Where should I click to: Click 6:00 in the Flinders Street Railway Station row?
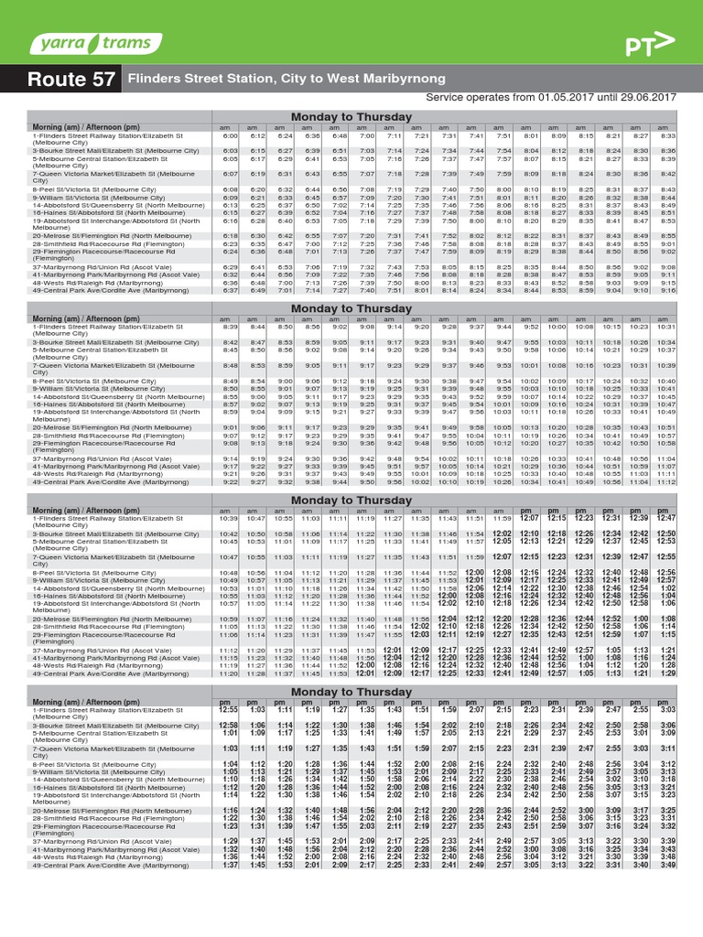coord(231,135)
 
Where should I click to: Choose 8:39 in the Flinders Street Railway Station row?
coord(231,326)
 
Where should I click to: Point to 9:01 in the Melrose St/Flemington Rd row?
coord(231,426)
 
